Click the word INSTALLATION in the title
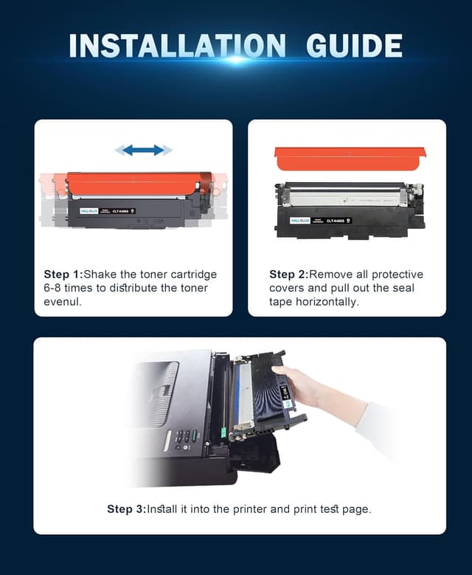coord(177,46)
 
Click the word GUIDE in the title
coord(354,46)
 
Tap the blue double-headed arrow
coord(143,150)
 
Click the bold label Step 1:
coord(63,275)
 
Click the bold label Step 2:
coord(288,275)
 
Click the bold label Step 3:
coord(126,509)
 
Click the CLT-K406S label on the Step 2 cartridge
coord(339,220)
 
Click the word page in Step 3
coord(358,509)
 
